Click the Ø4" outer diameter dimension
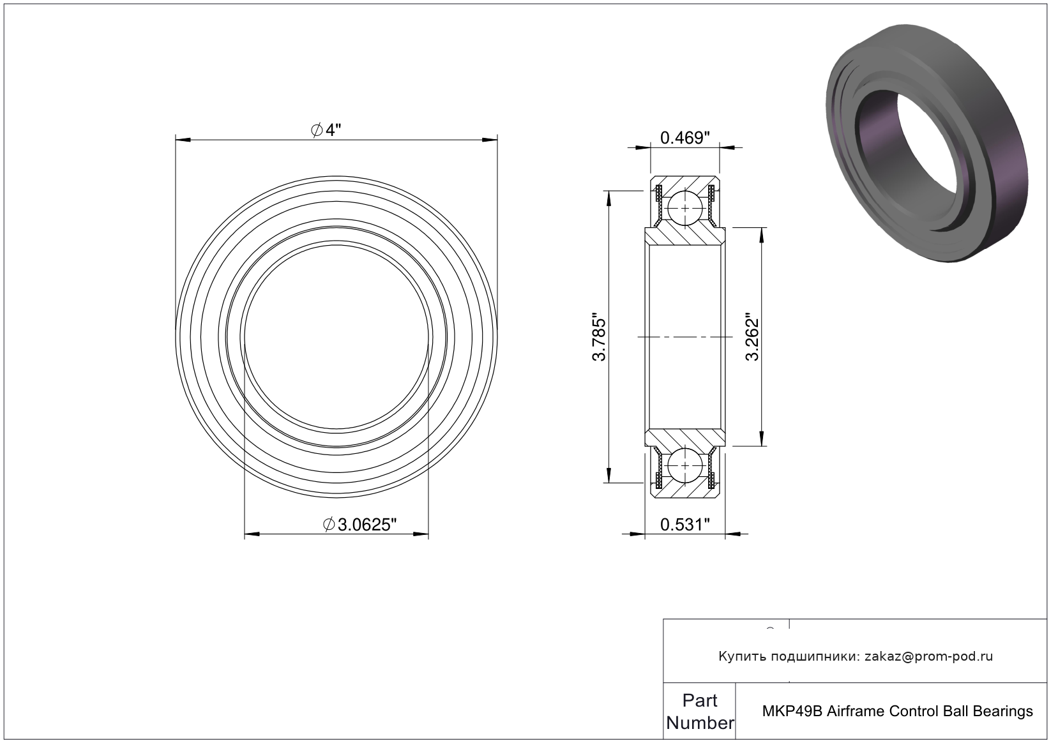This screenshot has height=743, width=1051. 326,130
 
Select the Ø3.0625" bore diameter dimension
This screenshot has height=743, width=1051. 360,525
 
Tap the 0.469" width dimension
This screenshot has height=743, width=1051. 685,138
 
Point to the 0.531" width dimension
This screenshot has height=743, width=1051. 685,525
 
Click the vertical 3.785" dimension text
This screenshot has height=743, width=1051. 600,336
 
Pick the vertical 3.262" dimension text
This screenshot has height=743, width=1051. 753,336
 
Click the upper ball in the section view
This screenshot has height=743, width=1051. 685,208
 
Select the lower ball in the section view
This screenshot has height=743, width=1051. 685,465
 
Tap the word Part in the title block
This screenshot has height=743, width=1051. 700,700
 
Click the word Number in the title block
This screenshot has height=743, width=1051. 700,723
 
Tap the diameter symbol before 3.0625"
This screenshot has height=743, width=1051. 329,525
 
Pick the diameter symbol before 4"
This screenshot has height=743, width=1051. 317,130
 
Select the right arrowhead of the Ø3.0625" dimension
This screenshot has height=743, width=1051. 421,534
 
